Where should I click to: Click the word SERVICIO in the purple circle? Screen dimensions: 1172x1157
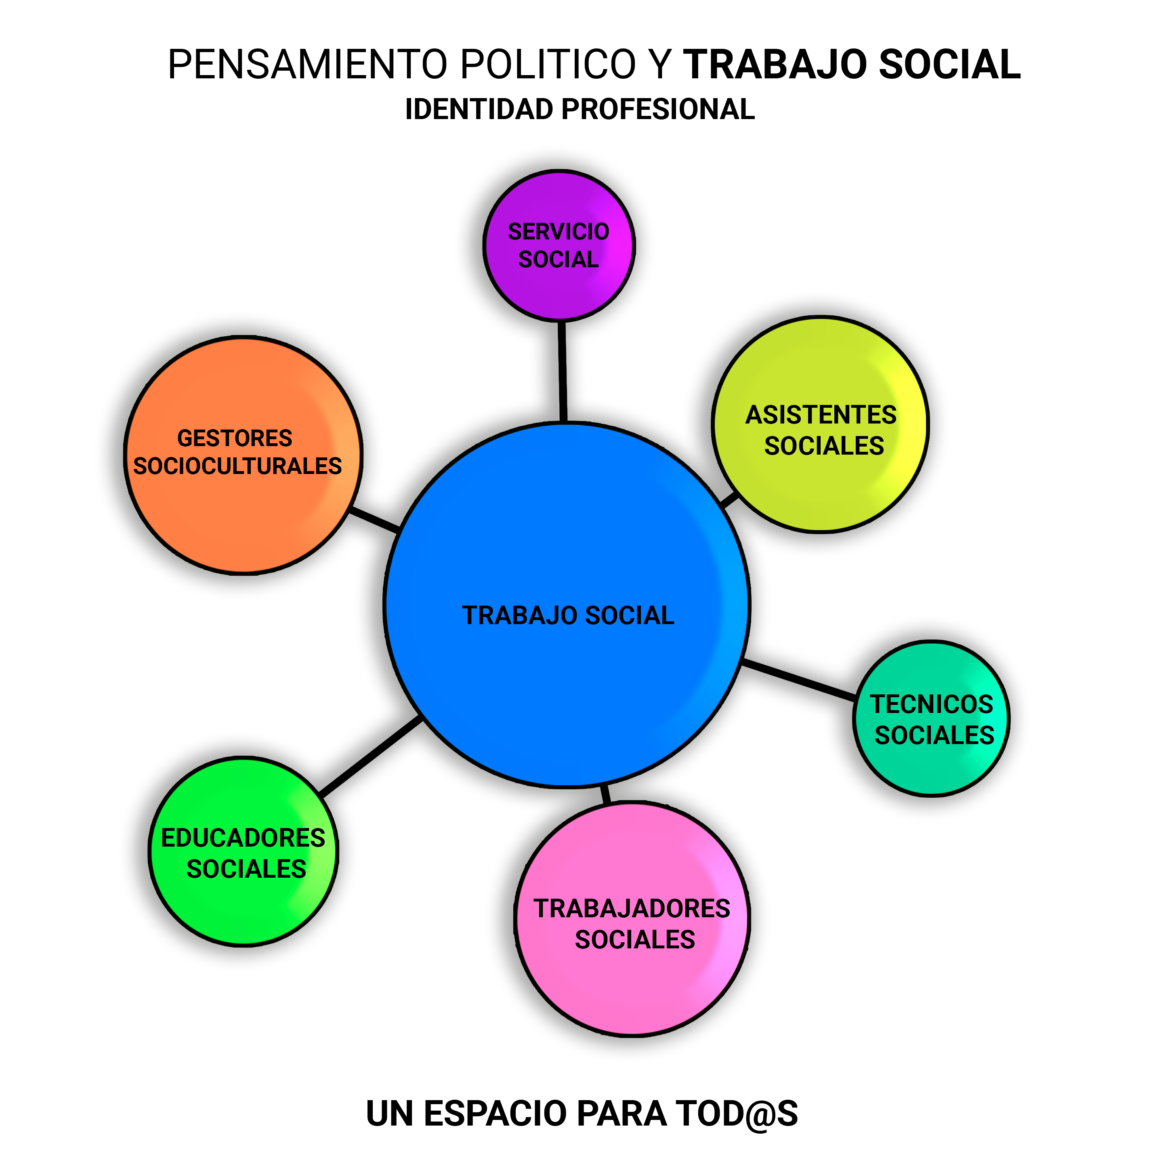point(558,232)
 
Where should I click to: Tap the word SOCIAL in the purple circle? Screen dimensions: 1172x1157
point(558,260)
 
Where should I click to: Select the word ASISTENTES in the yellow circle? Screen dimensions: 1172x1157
point(821,415)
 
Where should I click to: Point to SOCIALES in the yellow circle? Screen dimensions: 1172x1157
point(824,446)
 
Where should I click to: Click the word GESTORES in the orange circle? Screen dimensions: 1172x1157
point(235,438)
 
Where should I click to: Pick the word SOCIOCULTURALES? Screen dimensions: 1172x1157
point(237,466)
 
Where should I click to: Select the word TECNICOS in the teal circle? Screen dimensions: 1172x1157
point(931,704)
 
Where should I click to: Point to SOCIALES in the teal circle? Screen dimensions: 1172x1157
point(934,735)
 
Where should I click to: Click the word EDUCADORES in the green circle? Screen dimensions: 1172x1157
point(243,838)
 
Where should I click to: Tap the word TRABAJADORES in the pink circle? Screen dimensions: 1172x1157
point(632,909)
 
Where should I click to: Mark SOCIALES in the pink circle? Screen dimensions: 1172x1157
point(634,940)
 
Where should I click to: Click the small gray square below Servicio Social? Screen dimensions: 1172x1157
point(512,369)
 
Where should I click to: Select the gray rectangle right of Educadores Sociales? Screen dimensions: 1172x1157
point(438,839)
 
